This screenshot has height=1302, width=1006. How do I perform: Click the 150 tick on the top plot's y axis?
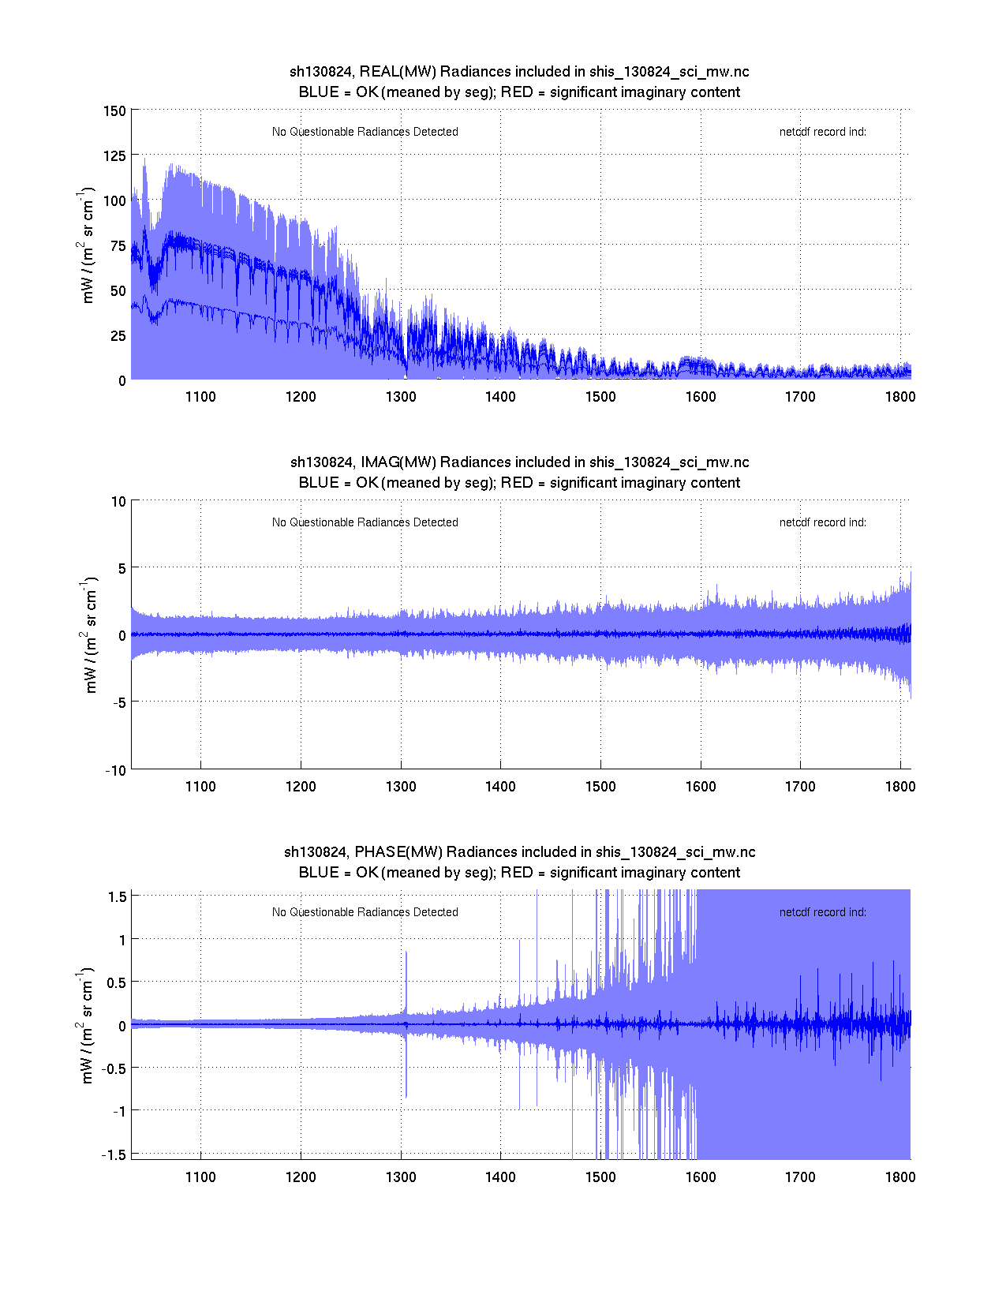click(114, 110)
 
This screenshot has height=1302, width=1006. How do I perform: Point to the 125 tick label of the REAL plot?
click(114, 155)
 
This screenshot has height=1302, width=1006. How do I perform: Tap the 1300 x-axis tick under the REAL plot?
click(401, 397)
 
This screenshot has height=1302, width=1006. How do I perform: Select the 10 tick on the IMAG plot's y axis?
click(118, 501)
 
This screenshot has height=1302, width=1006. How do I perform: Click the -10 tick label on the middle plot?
click(116, 771)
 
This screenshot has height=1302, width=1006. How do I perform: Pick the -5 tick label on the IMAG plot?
click(118, 702)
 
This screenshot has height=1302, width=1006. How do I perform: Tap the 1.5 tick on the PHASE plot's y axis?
click(118, 896)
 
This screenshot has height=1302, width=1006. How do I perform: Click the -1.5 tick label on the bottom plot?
click(114, 1154)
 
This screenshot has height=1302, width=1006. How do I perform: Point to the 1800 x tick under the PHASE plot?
click(900, 1177)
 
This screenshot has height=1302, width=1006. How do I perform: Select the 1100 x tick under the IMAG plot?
click(200, 787)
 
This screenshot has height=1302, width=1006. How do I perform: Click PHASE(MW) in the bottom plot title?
click(398, 852)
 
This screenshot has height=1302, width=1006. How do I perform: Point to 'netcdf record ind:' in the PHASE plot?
click(822, 912)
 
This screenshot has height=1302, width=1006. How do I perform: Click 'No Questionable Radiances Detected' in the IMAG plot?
click(365, 522)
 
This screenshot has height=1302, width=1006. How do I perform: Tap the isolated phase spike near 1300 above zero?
click(406, 978)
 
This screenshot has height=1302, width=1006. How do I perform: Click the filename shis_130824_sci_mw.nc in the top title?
click(669, 72)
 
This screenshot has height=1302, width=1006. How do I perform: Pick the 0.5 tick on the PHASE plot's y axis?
click(116, 982)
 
